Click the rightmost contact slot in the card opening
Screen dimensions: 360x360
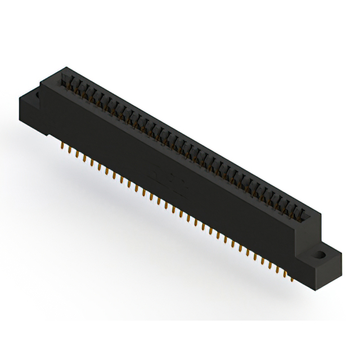[304, 214]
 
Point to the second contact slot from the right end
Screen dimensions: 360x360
[298, 210]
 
